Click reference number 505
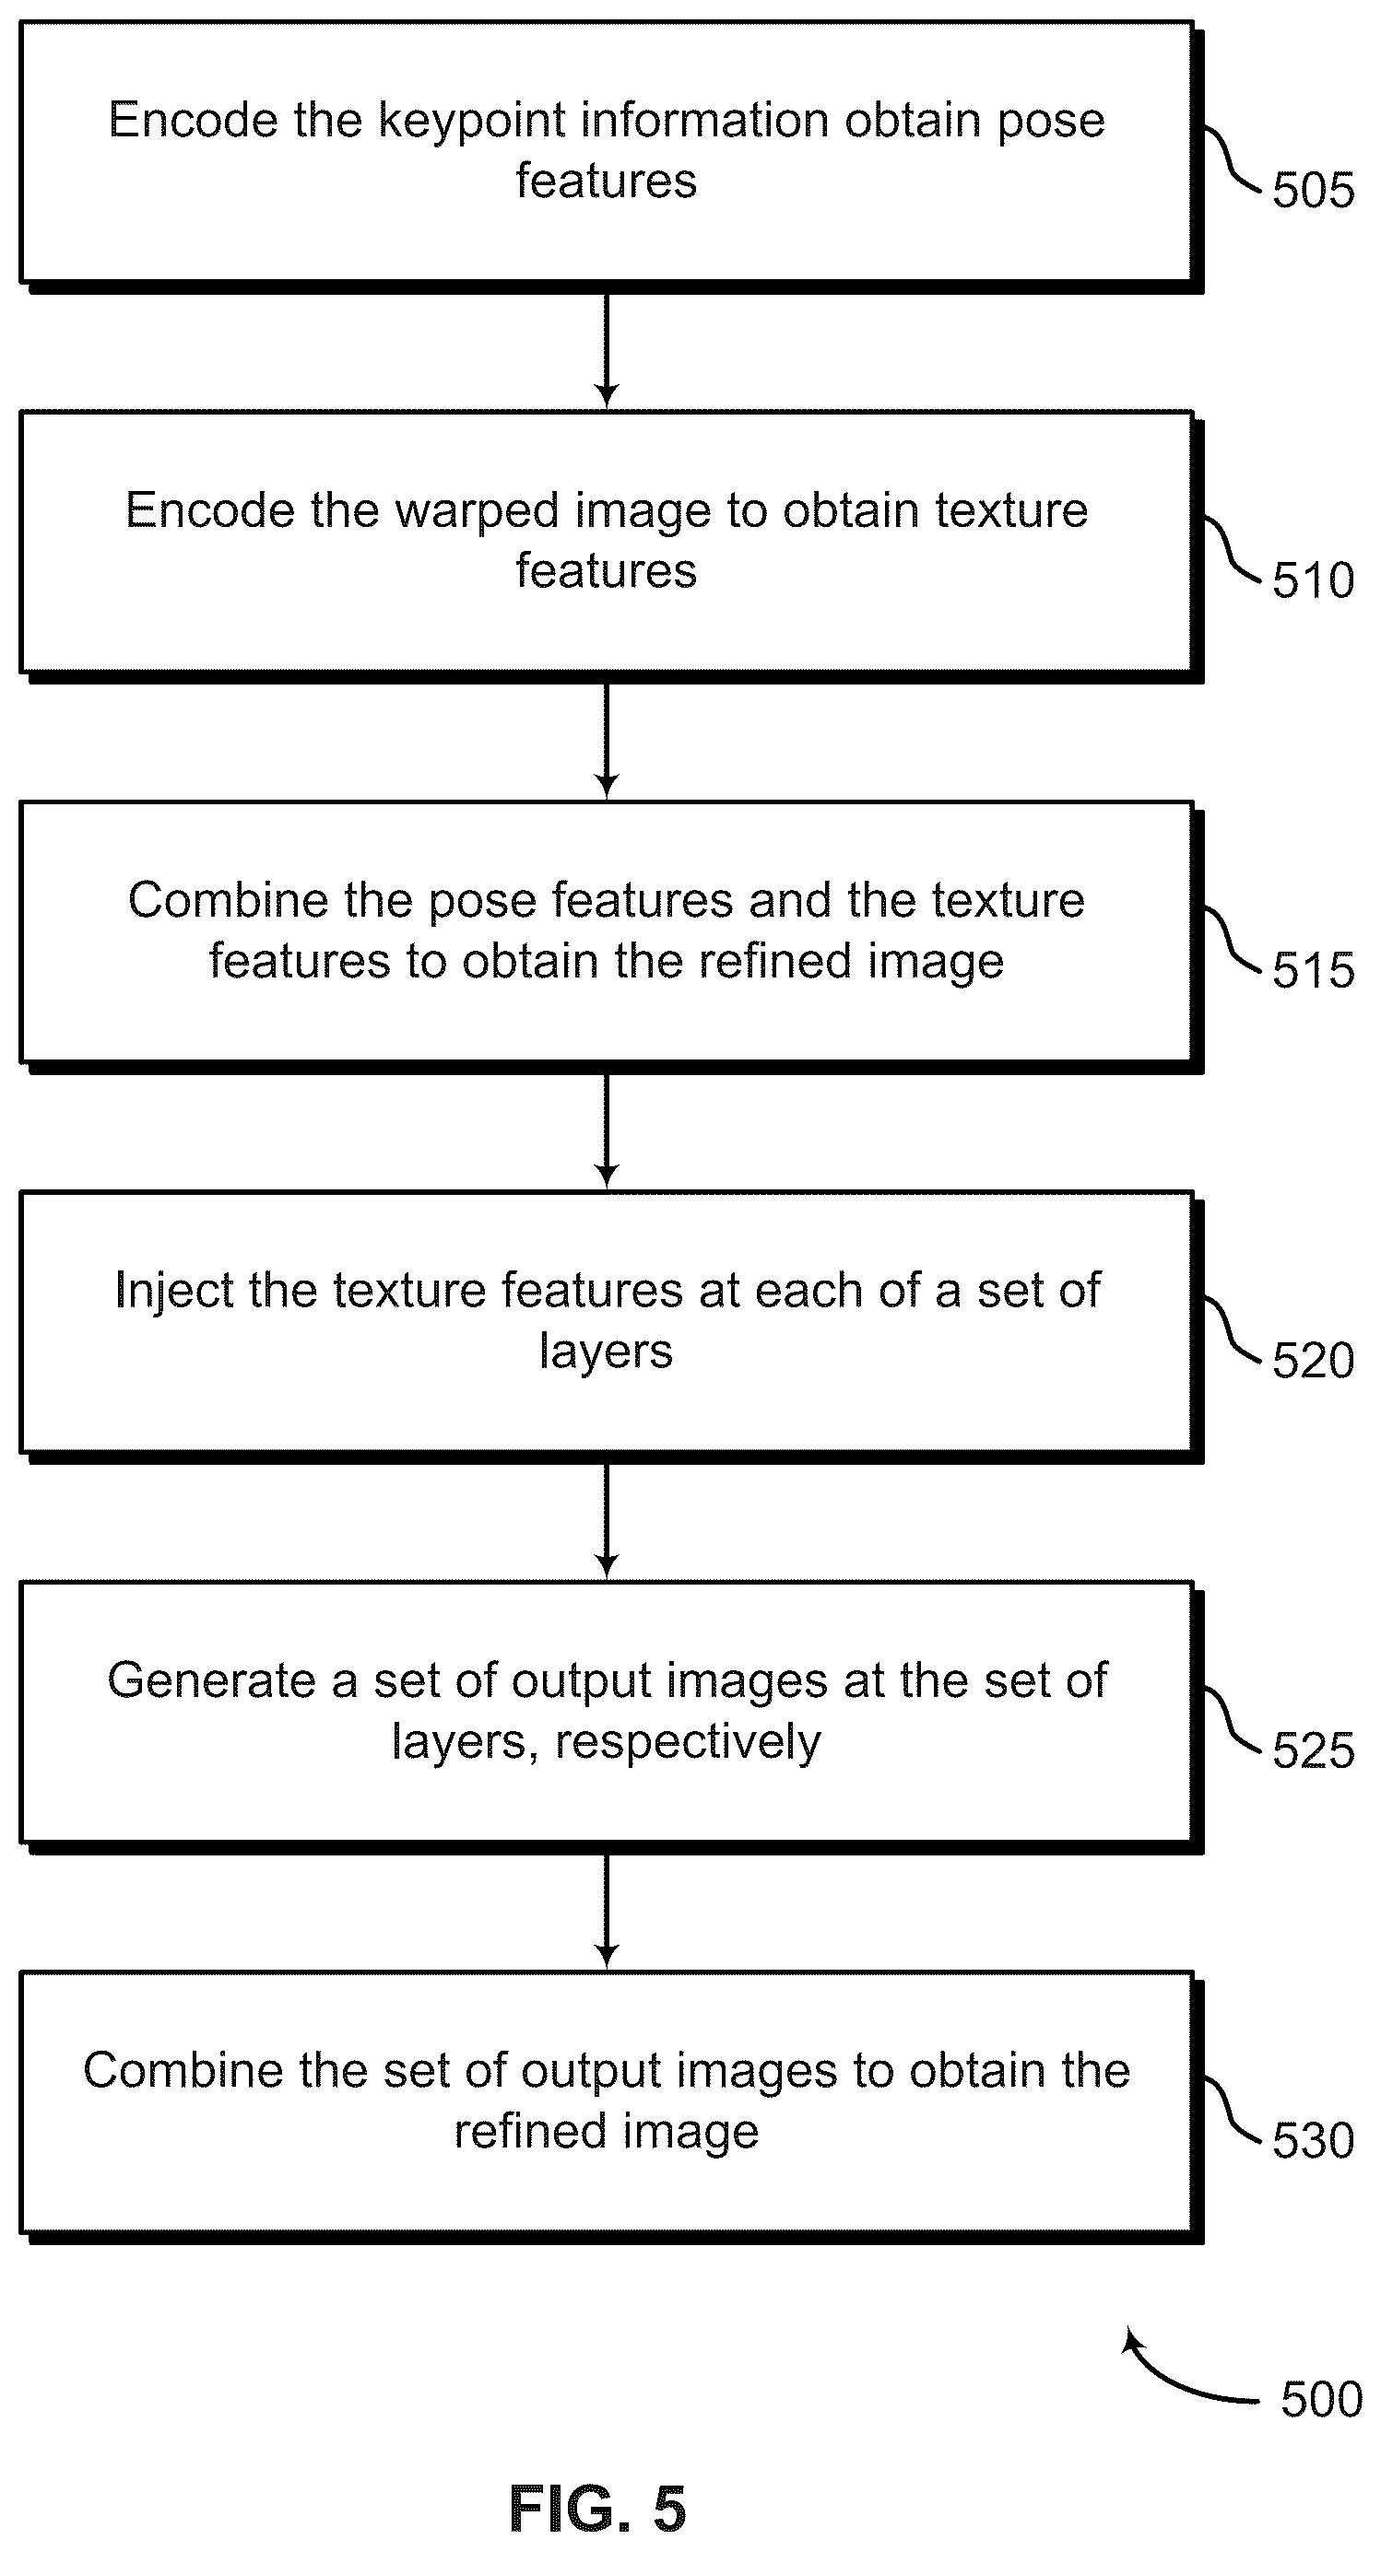[x=1313, y=189]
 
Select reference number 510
[x=1313, y=579]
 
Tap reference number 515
[x=1313, y=969]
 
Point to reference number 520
[x=1313, y=1360]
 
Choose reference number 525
[x=1313, y=1749]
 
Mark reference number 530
[x=1313, y=2140]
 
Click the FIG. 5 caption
[x=597, y=2509]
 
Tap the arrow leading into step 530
[x=607, y=1912]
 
